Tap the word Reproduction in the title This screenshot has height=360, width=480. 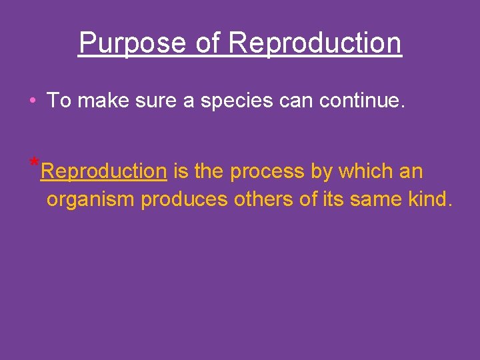[315, 43]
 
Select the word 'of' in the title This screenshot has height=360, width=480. [209, 43]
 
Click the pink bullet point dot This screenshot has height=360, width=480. [32, 101]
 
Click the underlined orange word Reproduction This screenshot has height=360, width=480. [103, 171]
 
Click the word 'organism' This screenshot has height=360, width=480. [91, 199]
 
